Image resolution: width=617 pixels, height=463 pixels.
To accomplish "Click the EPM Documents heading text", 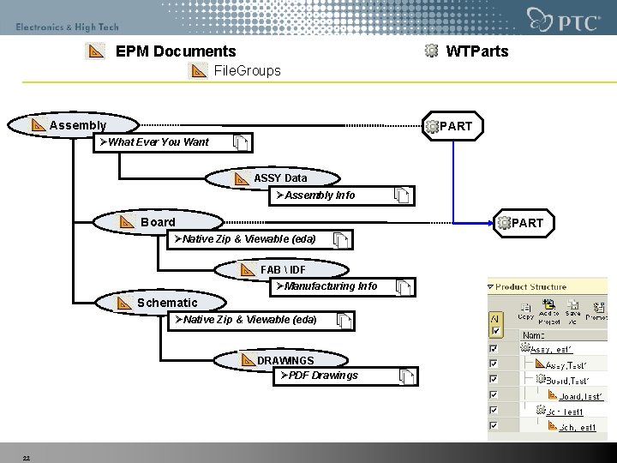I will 176,51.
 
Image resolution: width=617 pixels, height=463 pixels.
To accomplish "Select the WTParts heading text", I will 477,51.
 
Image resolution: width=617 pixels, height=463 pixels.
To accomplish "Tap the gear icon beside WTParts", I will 432,51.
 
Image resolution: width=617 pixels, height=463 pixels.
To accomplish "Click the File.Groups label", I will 247,70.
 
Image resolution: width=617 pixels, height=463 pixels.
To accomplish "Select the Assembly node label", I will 78,126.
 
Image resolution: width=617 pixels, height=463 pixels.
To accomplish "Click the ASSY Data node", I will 279,178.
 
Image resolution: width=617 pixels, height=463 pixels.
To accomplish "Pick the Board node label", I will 158,222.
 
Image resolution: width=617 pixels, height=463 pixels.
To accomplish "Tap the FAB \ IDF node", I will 283,270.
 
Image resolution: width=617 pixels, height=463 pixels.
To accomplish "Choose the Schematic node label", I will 167,303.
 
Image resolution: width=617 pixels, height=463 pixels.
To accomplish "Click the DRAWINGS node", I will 285,360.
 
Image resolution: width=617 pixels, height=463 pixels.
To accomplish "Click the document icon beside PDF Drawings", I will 407,376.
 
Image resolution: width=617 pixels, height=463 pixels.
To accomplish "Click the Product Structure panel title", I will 530,287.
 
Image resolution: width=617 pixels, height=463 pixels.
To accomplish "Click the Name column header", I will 534,335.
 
